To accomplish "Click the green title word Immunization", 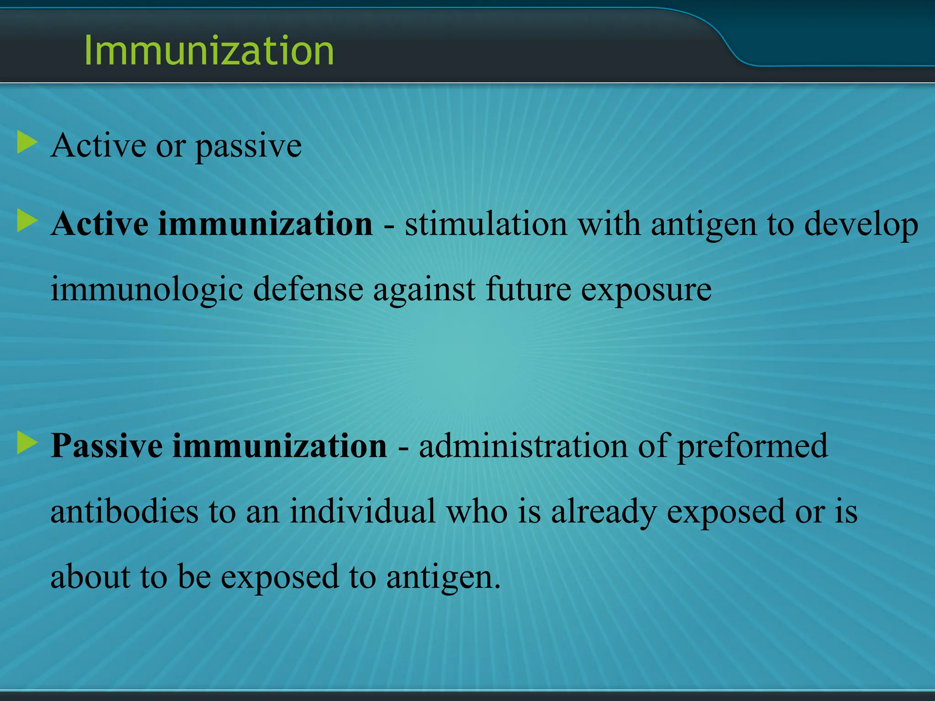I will pyautogui.click(x=209, y=51).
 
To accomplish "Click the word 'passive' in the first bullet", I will pyautogui.click(x=249, y=147).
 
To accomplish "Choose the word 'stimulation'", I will pyautogui.click(x=486, y=225).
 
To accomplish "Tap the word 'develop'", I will pyautogui.click(x=861, y=225).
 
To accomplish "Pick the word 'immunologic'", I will pyautogui.click(x=146, y=290).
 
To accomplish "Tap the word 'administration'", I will pyautogui.click(x=523, y=446).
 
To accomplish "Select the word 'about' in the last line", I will pyautogui.click(x=90, y=576).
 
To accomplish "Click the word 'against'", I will pyautogui.click(x=424, y=290).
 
